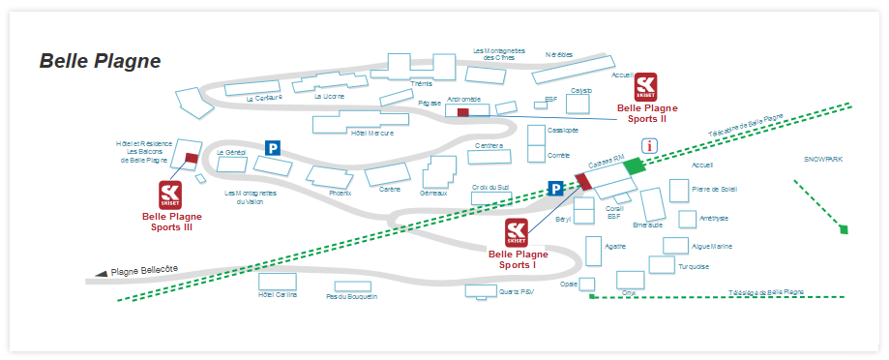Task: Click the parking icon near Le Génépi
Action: (x=274, y=149)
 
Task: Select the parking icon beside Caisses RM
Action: (x=556, y=189)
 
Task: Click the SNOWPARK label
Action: (x=823, y=159)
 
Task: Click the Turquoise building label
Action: (x=694, y=267)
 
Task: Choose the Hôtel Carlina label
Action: (x=278, y=295)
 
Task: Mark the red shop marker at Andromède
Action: (x=462, y=113)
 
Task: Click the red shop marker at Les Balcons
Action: (x=192, y=158)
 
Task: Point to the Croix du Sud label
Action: (x=490, y=188)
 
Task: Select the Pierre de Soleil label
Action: (x=714, y=189)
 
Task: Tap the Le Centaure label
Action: (x=263, y=98)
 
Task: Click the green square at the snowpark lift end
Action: (x=844, y=230)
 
